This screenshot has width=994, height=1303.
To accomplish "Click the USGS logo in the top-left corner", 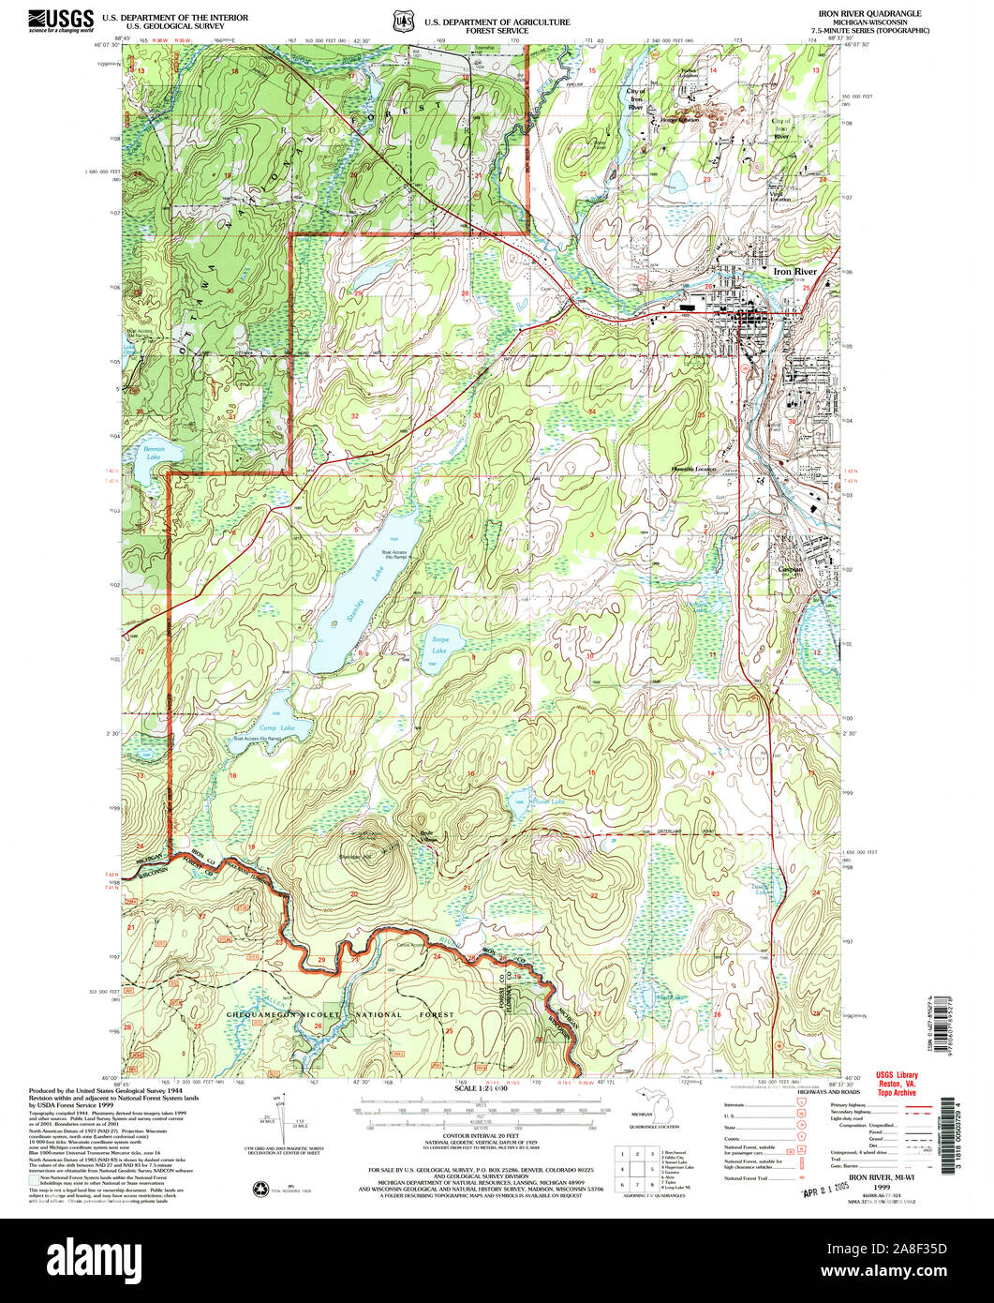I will (61, 20).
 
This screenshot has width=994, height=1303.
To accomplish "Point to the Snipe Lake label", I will (439, 645).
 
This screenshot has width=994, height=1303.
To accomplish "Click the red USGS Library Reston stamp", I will (896, 1084).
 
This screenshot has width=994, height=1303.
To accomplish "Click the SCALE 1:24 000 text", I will (481, 1087).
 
